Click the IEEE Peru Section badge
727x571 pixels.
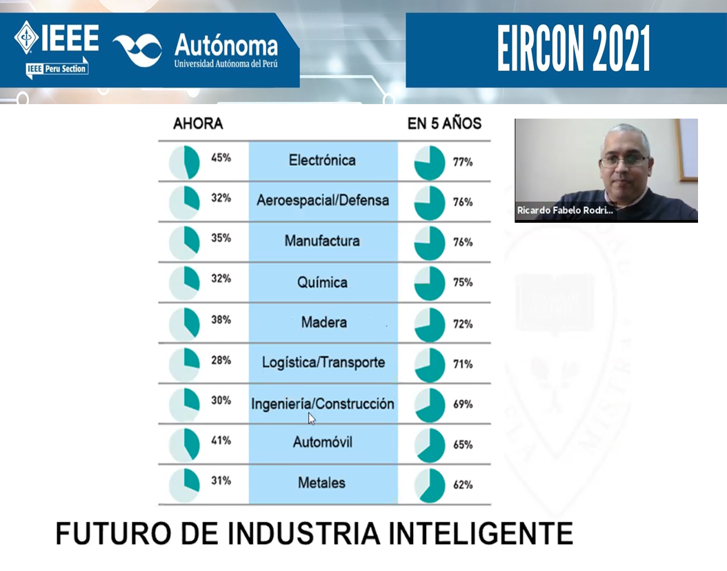click(x=57, y=68)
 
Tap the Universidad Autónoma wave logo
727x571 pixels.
click(x=138, y=50)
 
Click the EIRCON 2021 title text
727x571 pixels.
click(x=574, y=49)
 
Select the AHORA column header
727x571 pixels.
click(x=198, y=123)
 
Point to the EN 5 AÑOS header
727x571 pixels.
click(x=444, y=123)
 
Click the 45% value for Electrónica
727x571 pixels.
click(x=221, y=158)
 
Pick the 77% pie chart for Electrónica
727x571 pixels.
click(x=429, y=163)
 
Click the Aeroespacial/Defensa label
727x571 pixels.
click(x=323, y=200)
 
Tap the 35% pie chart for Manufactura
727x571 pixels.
click(x=185, y=242)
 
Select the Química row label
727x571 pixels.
click(x=322, y=282)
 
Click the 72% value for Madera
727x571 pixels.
click(x=463, y=324)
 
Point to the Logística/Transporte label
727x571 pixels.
click(x=323, y=363)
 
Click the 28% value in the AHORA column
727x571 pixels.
click(x=221, y=360)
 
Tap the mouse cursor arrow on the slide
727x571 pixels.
click(x=312, y=419)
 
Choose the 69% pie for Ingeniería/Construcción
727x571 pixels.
click(x=429, y=405)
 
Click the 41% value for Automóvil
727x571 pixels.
click(x=221, y=440)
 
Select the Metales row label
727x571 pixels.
click(x=322, y=483)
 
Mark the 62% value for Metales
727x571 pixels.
click(x=463, y=485)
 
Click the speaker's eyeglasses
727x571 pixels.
click(x=623, y=161)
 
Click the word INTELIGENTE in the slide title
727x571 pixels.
click(x=481, y=534)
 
